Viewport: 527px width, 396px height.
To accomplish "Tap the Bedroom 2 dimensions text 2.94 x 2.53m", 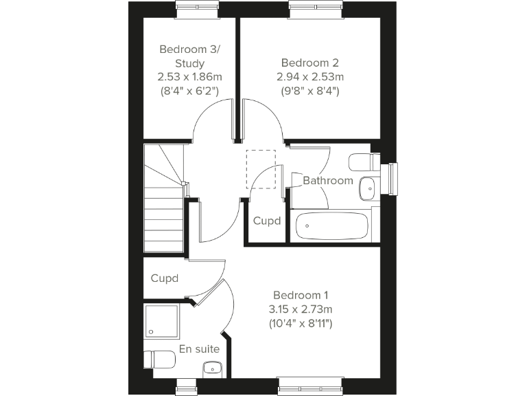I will pyautogui.click(x=310, y=76).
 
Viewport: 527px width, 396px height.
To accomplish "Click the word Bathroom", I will pyautogui.click(x=328, y=181).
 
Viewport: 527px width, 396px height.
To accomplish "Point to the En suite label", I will pyautogui.click(x=199, y=349).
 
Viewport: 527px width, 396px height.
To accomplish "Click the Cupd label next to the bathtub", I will pyautogui.click(x=267, y=221).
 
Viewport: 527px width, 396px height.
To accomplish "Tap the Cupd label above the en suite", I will pyautogui.click(x=165, y=278).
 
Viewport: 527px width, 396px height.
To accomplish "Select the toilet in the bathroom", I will pyautogui.click(x=362, y=162).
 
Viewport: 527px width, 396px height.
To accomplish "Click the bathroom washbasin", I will pyautogui.click(x=368, y=185).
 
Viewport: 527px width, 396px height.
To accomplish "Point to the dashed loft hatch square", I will pyautogui.click(x=261, y=168).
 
